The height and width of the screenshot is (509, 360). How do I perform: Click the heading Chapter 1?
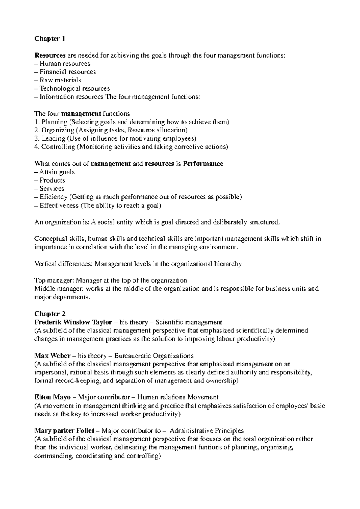pyautogui.click(x=49, y=39)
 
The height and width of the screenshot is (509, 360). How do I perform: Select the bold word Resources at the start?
pyautogui.click(x=50, y=55)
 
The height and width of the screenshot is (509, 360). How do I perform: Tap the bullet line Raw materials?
pyautogui.click(x=60, y=80)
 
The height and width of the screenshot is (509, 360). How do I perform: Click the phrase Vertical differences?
pyautogui.click(x=64, y=264)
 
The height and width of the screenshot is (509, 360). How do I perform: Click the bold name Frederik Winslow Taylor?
pyautogui.click(x=73, y=322)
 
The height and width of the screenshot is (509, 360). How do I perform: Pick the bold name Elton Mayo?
pyautogui.click(x=52, y=397)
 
